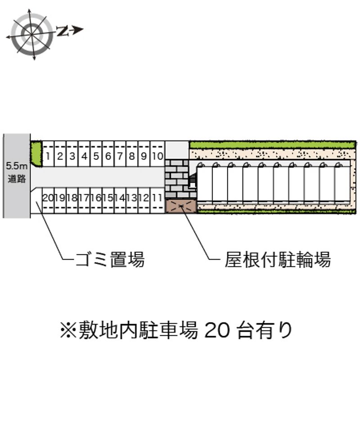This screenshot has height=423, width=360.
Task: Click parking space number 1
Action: click(48, 154)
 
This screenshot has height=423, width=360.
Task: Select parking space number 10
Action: click(157, 154)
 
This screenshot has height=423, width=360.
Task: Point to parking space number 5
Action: click(96, 154)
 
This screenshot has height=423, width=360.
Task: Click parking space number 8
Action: click(132, 154)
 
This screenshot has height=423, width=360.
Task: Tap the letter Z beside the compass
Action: click(62, 31)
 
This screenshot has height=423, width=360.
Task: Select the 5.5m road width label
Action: click(17, 165)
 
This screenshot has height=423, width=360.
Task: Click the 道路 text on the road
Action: click(17, 178)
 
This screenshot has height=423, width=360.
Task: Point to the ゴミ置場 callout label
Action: click(110, 259)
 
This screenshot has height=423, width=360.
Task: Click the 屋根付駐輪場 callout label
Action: click(278, 259)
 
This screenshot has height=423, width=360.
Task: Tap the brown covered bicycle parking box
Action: click(181, 206)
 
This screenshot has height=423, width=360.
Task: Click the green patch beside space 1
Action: click(36, 154)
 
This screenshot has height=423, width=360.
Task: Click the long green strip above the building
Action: click(273, 145)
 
